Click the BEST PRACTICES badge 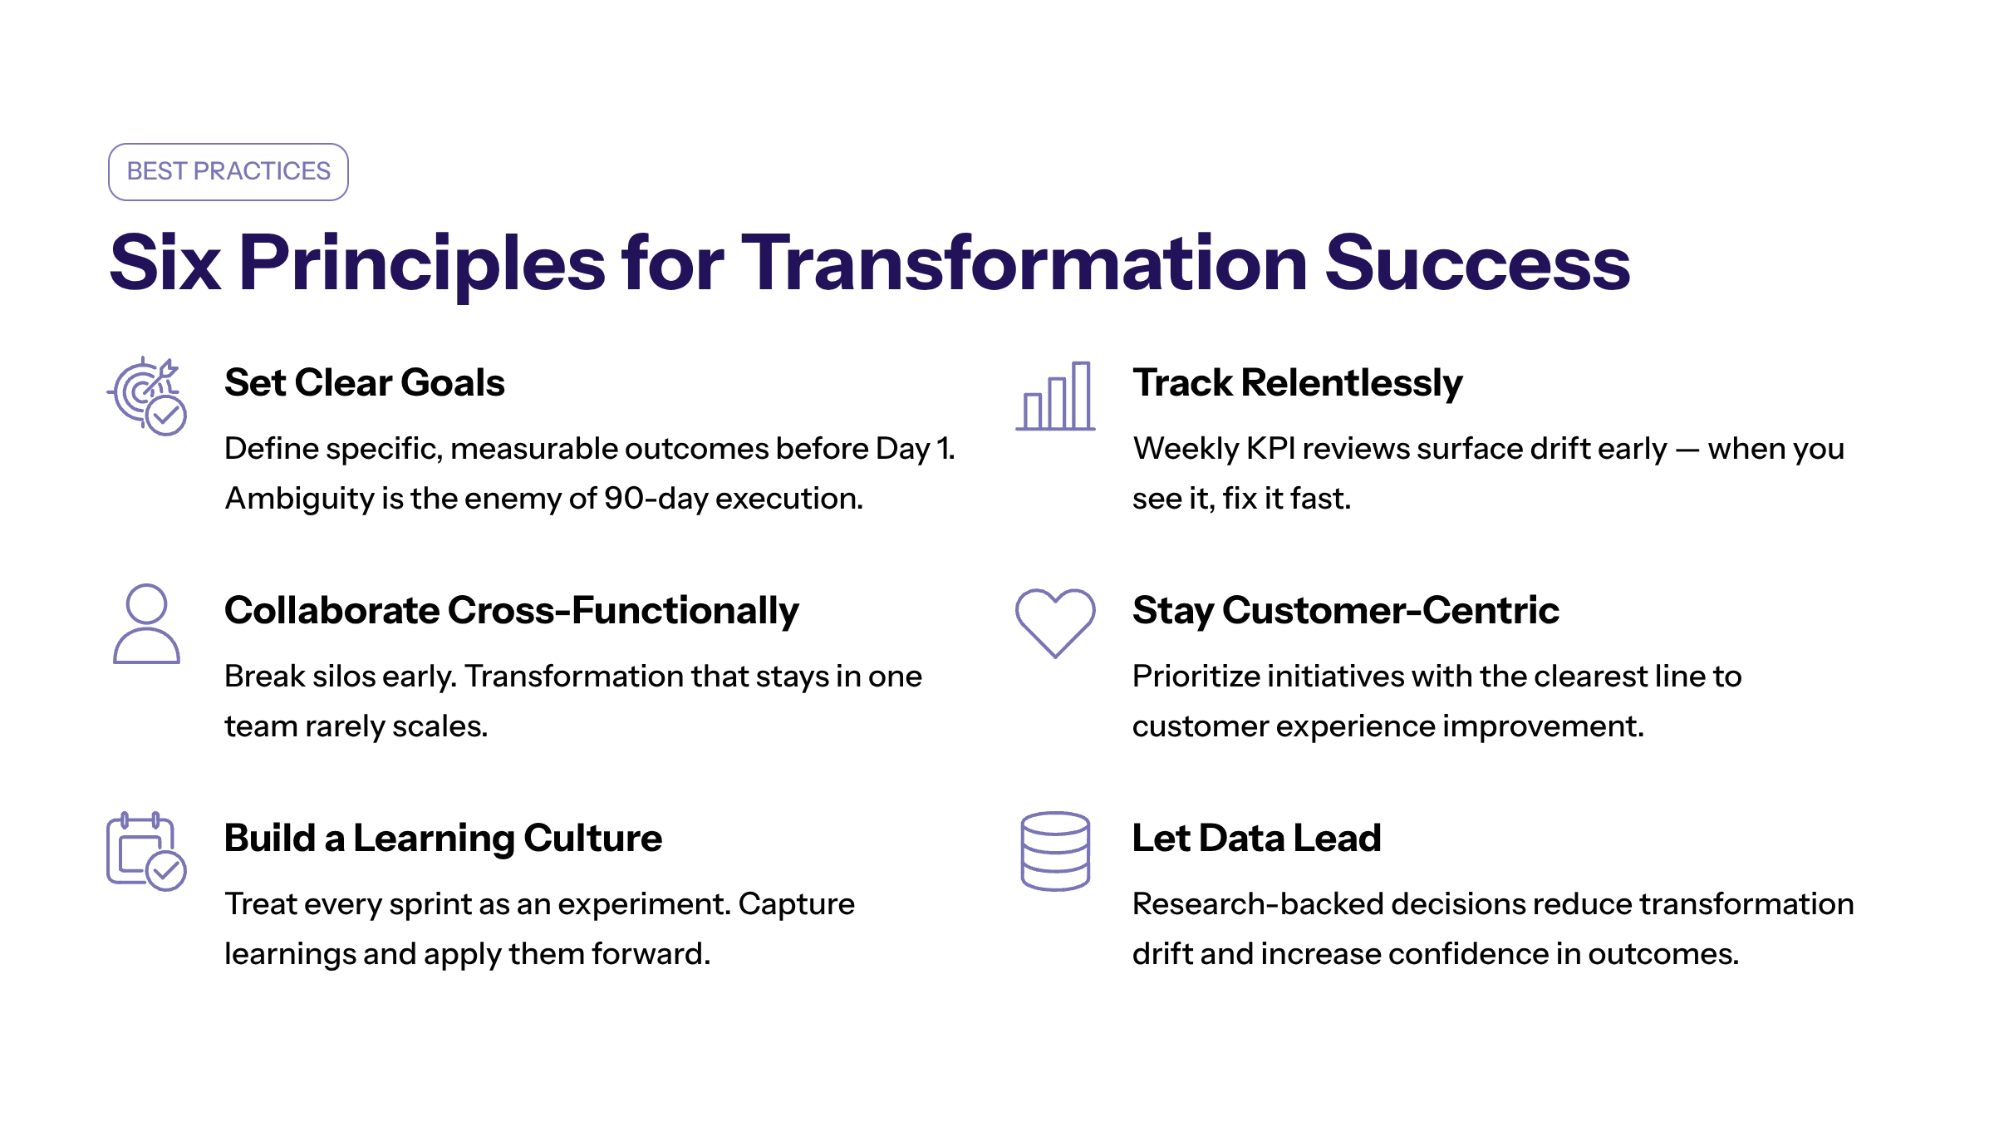click(228, 172)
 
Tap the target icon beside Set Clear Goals click(147, 396)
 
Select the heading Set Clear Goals click(365, 383)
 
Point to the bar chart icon click(1055, 396)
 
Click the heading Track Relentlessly click(1298, 384)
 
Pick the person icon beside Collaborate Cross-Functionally click(146, 623)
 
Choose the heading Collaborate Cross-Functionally click(512, 611)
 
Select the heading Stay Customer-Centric click(1346, 611)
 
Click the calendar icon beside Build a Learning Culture click(146, 851)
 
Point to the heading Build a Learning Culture click(444, 838)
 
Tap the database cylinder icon click(1055, 851)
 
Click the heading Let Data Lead click(1257, 838)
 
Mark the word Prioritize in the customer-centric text click(1196, 677)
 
